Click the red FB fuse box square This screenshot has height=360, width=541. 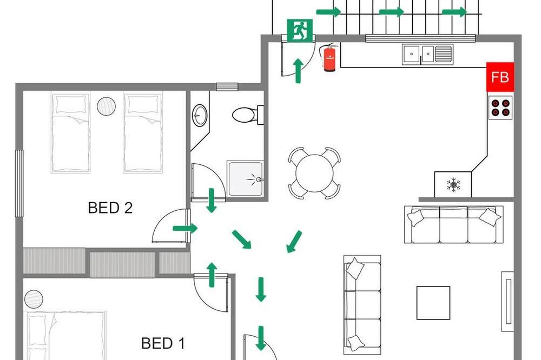pyautogui.click(x=500, y=77)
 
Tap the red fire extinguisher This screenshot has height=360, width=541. pyautogui.click(x=329, y=57)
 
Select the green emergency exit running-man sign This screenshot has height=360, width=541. pyautogui.click(x=300, y=30)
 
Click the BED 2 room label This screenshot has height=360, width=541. pyautogui.click(x=110, y=208)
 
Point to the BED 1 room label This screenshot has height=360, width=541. pyautogui.click(x=163, y=343)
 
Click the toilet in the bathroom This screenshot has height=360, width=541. pyautogui.click(x=248, y=115)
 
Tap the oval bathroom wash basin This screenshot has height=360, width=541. pyautogui.click(x=200, y=115)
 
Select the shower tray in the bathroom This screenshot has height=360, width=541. pyautogui.click(x=245, y=178)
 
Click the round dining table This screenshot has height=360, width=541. pyautogui.click(x=314, y=174)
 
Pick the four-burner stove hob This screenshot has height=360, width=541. pyautogui.click(x=500, y=108)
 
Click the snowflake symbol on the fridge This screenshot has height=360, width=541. pyautogui.click(x=453, y=185)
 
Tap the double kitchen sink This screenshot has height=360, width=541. pyautogui.click(x=427, y=54)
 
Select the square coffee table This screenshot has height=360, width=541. pyautogui.click(x=433, y=303)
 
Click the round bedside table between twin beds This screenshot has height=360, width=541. pyautogui.click(x=106, y=106)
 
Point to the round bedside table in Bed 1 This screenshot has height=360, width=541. pyautogui.click(x=34, y=298)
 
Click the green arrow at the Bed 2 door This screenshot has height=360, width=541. pyautogui.click(x=185, y=228)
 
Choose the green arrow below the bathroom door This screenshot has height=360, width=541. pyautogui.click(x=211, y=201)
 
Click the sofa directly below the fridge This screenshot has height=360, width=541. pyautogui.click(x=454, y=224)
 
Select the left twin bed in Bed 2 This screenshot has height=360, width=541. pyautogui.click(x=71, y=132)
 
